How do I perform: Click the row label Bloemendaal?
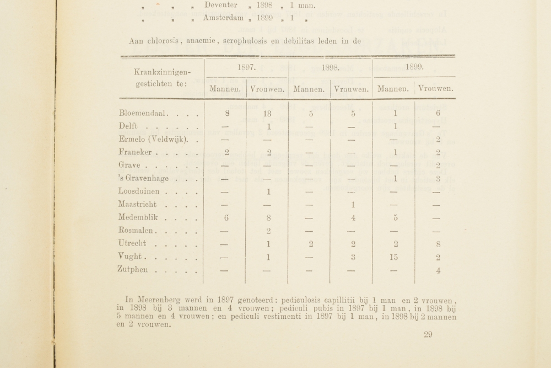(x=140, y=113)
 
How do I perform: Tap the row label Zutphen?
(x=134, y=270)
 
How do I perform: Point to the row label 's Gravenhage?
(x=144, y=178)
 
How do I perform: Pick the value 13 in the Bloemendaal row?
(x=267, y=113)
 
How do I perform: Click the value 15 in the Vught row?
(x=395, y=257)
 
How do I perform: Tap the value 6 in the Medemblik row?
(x=226, y=217)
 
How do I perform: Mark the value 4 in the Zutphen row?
(x=437, y=270)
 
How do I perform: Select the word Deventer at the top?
(x=221, y=5)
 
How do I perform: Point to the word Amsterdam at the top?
(x=223, y=18)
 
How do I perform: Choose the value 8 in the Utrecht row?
(x=437, y=244)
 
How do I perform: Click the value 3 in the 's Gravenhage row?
(x=437, y=179)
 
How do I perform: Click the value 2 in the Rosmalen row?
(x=267, y=231)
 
